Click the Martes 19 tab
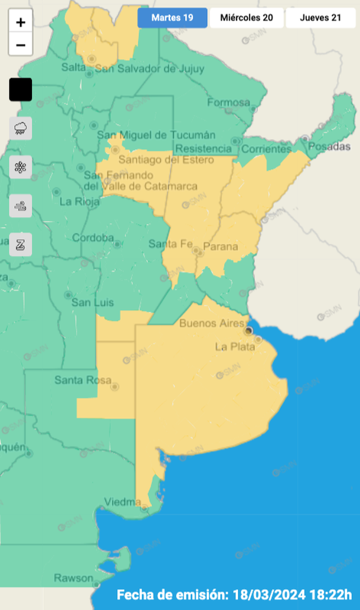point(172,18)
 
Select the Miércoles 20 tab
point(246,18)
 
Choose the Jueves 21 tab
point(320,18)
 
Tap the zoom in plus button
point(21,23)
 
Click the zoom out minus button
point(21,44)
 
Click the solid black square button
point(21,90)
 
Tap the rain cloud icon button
point(21,128)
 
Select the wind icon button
point(21,206)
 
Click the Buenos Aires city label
point(211,323)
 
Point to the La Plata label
point(235,346)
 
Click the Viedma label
point(122,502)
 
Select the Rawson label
point(73,578)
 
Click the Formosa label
point(228,103)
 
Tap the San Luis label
point(93,303)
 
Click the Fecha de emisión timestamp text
point(235,595)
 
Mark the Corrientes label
point(263,149)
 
